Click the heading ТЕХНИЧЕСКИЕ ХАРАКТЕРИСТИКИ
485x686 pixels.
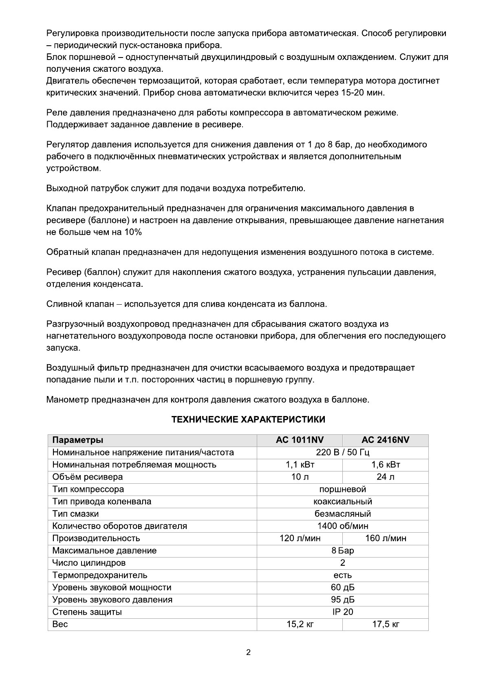pyautogui.click(x=248, y=420)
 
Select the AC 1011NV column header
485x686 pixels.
pyautogui.click(x=300, y=440)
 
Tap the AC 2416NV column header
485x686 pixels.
pyautogui.click(x=385, y=440)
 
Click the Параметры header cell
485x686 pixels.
pyautogui.click(x=77, y=440)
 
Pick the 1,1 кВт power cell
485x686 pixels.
pyautogui.click(x=300, y=465)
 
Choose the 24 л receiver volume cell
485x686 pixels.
pyautogui.click(x=385, y=477)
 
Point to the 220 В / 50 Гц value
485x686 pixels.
pyautogui.click(x=342, y=452)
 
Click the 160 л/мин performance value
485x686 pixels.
pyautogui.click(x=385, y=538)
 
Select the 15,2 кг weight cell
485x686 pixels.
pyautogui.click(x=300, y=624)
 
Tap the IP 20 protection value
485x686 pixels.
pyautogui.click(x=342, y=612)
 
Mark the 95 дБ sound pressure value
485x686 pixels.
pyautogui.click(x=342, y=600)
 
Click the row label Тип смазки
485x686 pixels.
pyautogui.click(x=75, y=514)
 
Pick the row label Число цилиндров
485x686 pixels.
pyautogui.click(x=88, y=563)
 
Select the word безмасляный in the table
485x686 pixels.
pyautogui.click(x=342, y=514)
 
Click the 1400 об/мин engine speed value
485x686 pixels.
pyautogui.click(x=342, y=526)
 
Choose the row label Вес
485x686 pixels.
pyautogui.click(x=60, y=624)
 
